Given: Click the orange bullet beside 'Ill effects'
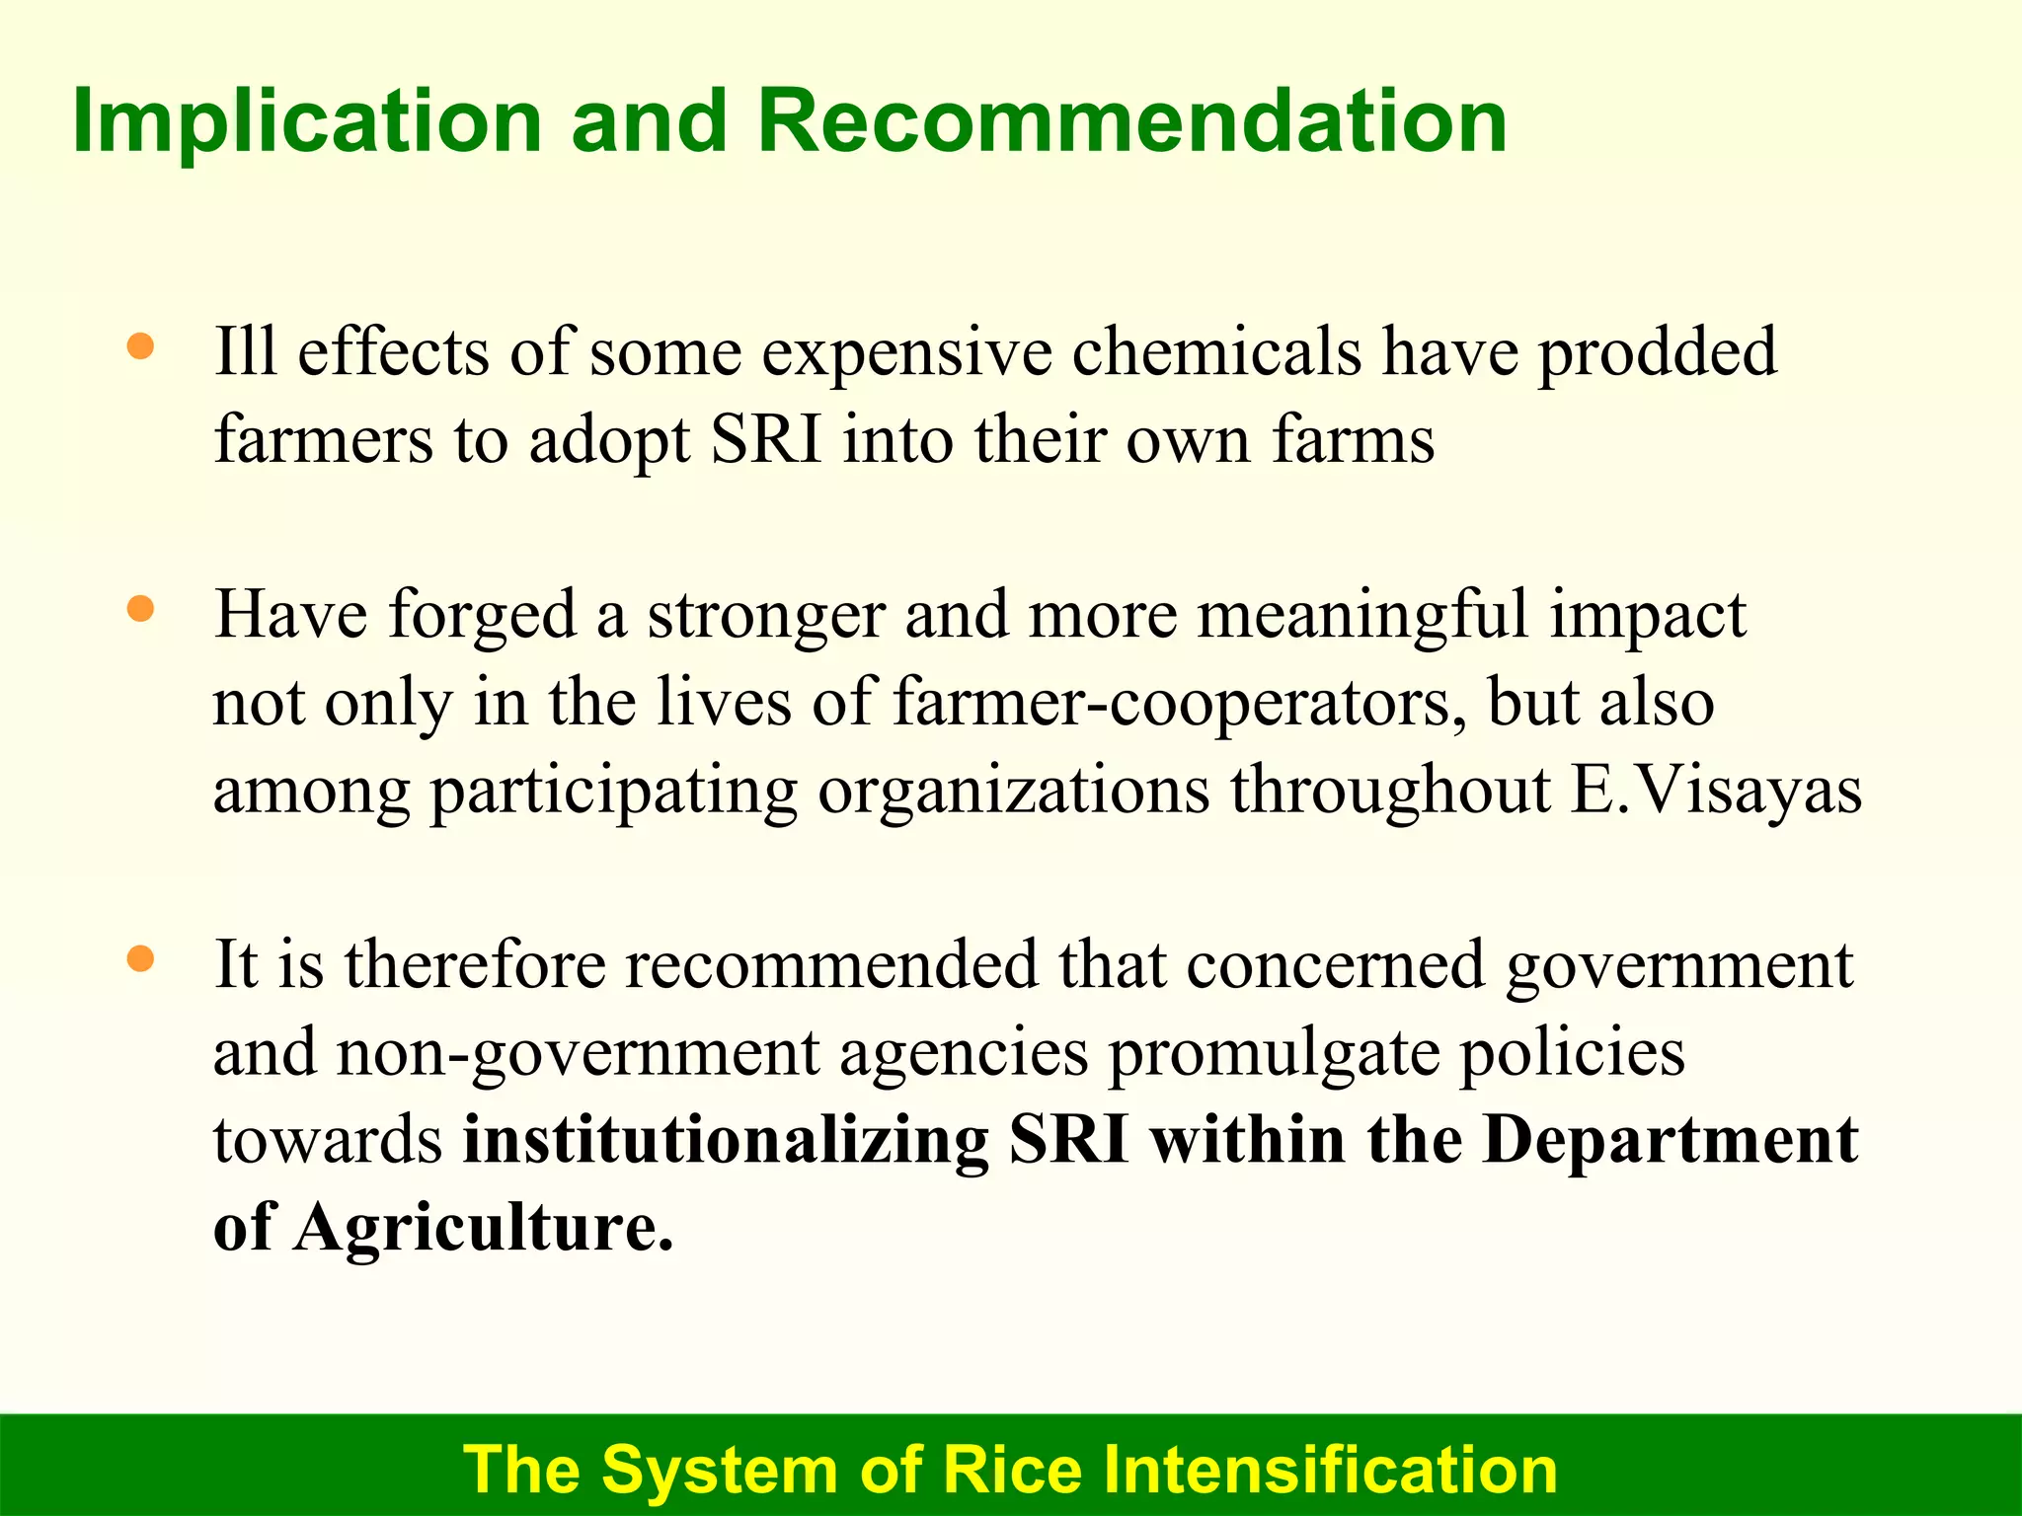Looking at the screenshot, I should tap(141, 346).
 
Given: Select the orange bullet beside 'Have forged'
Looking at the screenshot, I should tap(141, 609).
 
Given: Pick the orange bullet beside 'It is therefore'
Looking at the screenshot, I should tap(141, 958).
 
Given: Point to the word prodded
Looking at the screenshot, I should tap(1658, 353).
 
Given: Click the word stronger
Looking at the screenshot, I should tap(766, 616).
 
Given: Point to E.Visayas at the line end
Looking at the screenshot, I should tap(1716, 791).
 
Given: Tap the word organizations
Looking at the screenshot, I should tap(1013, 791).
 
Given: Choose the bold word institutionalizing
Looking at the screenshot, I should tap(726, 1140).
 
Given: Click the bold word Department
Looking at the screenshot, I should tap(1671, 1140).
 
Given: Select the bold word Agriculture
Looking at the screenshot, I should tap(483, 1228).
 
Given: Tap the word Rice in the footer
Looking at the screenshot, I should tap(1012, 1470).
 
